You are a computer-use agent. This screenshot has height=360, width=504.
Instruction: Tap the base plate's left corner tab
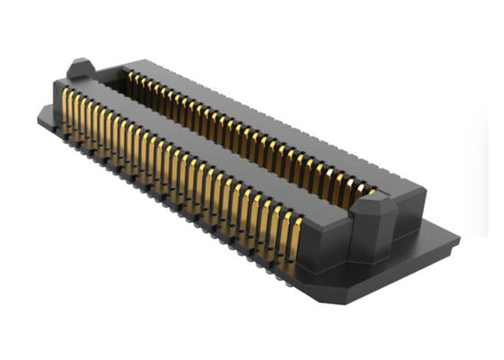(45, 114)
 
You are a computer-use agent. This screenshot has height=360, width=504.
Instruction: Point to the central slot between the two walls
(225, 144)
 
